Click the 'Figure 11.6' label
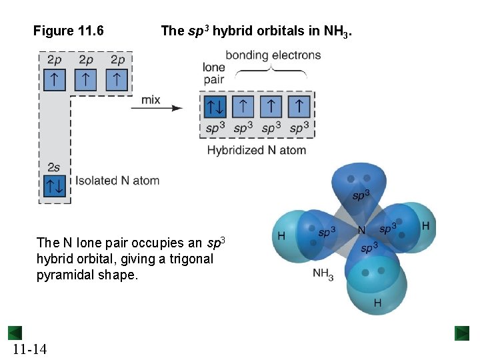pos(68,30)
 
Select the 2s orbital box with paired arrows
pos(54,186)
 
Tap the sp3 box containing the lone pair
pos(215,105)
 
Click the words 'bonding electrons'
pos(273,55)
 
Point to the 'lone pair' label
pos(215,73)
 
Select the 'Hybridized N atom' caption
pos(257,150)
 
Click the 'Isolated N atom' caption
pos(117,180)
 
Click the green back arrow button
pos(15,333)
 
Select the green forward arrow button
pos(462,333)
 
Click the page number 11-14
pos(29,349)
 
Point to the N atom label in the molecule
pos(362,230)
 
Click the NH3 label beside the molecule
pos(323,274)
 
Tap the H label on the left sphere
pos(281,235)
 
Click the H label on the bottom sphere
pos(377,303)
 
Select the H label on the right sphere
pos(425,227)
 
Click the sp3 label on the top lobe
pos(361,195)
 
